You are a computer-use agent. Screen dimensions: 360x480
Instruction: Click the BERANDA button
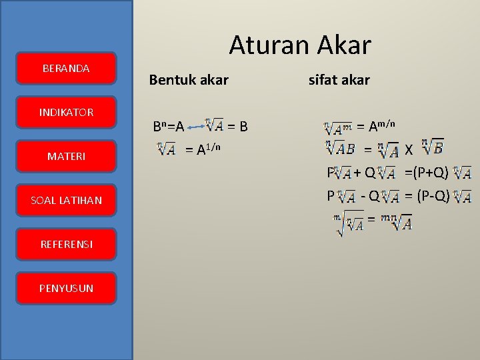tap(67, 68)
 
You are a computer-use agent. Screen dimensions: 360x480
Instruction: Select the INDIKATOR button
tap(67, 112)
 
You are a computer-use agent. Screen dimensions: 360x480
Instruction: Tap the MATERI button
tap(67, 156)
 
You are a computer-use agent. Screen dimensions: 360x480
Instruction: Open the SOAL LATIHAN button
tap(67, 200)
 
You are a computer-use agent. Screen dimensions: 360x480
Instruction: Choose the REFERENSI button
tap(67, 244)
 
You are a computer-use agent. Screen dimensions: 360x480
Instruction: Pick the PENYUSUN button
tap(67, 288)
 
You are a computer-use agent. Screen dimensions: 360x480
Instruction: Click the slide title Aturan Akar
tap(299, 45)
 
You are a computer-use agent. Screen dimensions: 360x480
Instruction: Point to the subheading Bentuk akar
tap(189, 80)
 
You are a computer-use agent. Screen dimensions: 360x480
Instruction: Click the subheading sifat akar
tap(339, 80)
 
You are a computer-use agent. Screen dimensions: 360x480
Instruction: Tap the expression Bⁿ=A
tap(168, 126)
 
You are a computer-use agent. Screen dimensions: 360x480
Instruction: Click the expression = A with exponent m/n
tap(375, 126)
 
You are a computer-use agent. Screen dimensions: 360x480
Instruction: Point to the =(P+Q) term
tap(426, 173)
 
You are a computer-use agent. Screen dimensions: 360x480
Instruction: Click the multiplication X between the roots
tap(409, 150)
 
